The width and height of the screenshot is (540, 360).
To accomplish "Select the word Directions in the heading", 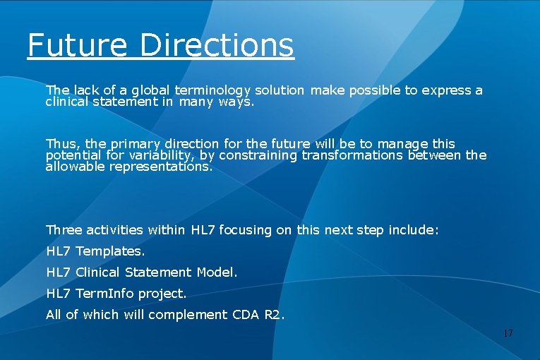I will (217, 45).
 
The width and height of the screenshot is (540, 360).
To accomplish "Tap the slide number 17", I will (508, 332).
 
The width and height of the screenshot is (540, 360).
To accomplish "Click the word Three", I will (64, 230).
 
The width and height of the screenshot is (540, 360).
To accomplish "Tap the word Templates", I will (110, 251).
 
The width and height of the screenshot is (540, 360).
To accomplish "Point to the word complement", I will (193, 315).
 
